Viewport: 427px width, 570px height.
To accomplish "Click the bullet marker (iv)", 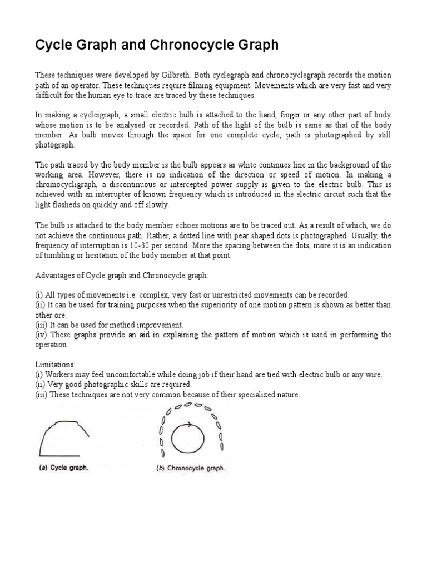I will (42, 335).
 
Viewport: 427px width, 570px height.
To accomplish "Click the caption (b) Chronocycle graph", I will (191, 469).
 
